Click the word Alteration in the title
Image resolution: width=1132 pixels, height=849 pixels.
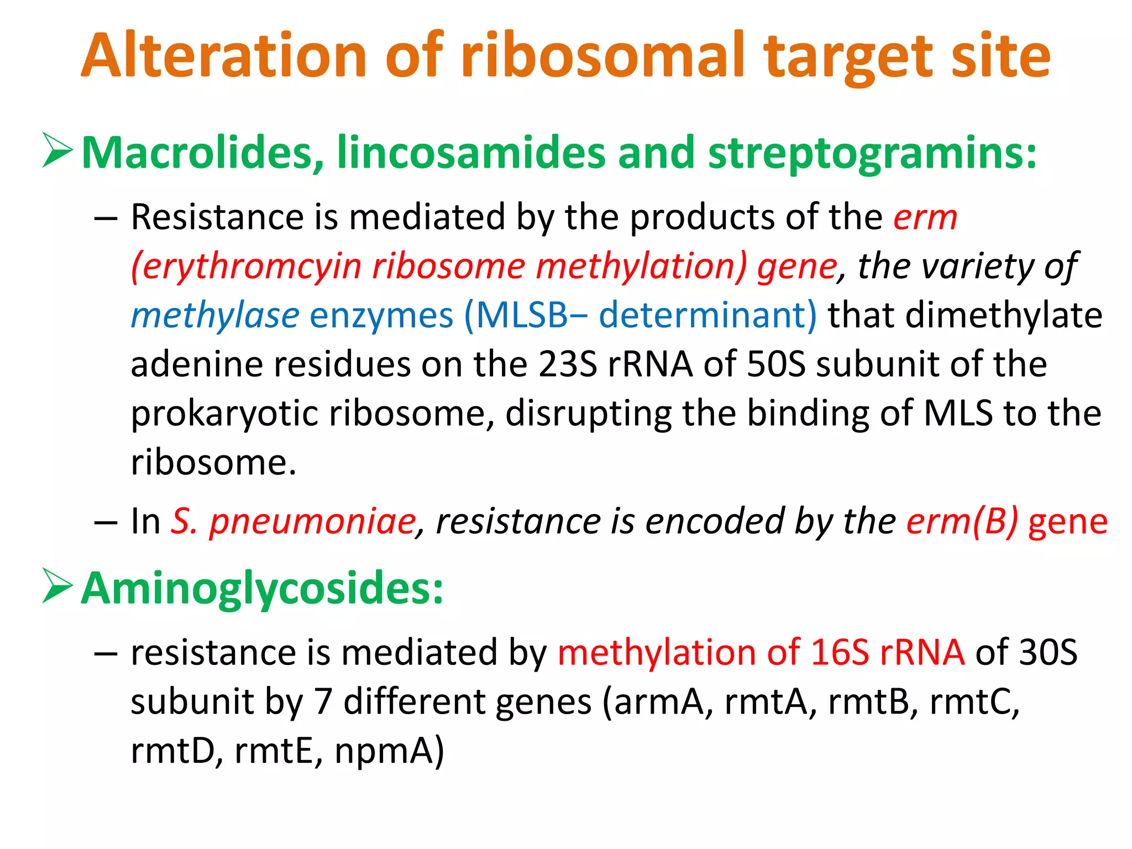[x=224, y=55]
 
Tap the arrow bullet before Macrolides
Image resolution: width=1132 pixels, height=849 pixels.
[x=57, y=150]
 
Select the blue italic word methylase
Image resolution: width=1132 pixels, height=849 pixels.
[x=215, y=316]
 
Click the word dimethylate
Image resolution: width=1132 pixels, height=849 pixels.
[x=965, y=316]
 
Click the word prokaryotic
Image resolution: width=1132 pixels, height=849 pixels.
[x=224, y=413]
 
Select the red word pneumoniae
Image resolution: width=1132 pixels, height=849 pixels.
[x=313, y=521]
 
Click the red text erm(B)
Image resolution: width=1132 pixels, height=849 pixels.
[x=962, y=521]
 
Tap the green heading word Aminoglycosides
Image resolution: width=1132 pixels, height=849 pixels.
[x=262, y=588]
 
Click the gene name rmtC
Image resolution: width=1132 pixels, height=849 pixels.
[x=973, y=701]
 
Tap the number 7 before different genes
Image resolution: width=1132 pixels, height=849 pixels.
[x=323, y=701]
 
